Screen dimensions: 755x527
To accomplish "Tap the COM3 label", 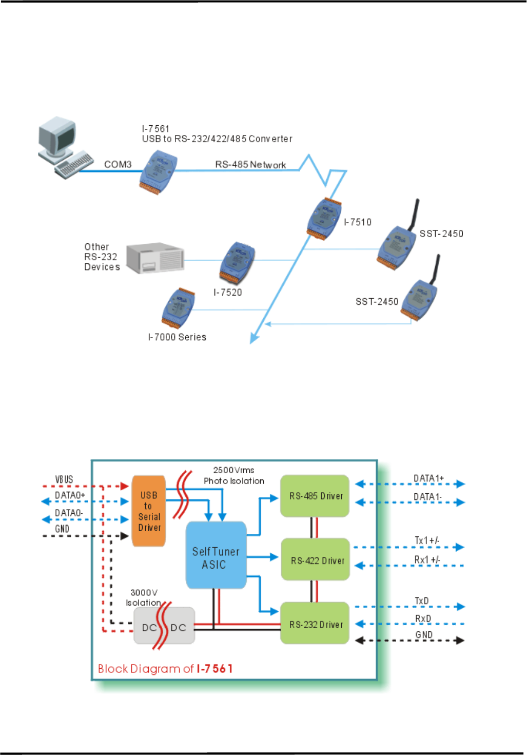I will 118,164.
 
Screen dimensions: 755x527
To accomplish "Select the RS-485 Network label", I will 250,164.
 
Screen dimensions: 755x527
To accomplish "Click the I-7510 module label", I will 358,222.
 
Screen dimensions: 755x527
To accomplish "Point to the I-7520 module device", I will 237,262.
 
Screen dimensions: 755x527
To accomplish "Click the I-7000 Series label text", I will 177,337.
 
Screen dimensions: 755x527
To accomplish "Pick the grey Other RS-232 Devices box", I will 155,258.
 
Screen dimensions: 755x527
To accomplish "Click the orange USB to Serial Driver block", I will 149,511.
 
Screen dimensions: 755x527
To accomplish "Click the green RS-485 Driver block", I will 315,496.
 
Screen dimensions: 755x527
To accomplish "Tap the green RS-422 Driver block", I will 316,560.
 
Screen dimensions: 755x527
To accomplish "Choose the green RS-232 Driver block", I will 315,624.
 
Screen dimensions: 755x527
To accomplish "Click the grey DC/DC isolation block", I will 164,627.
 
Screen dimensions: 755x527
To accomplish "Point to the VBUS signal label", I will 64,479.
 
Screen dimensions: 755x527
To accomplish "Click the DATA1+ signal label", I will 428,478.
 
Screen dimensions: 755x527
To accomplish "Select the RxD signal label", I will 423,618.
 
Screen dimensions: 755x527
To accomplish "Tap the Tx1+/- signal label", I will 427,540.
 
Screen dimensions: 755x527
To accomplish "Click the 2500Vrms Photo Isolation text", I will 234,476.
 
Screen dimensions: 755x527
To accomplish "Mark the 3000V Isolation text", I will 144,597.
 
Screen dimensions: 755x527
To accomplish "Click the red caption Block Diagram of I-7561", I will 165,669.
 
